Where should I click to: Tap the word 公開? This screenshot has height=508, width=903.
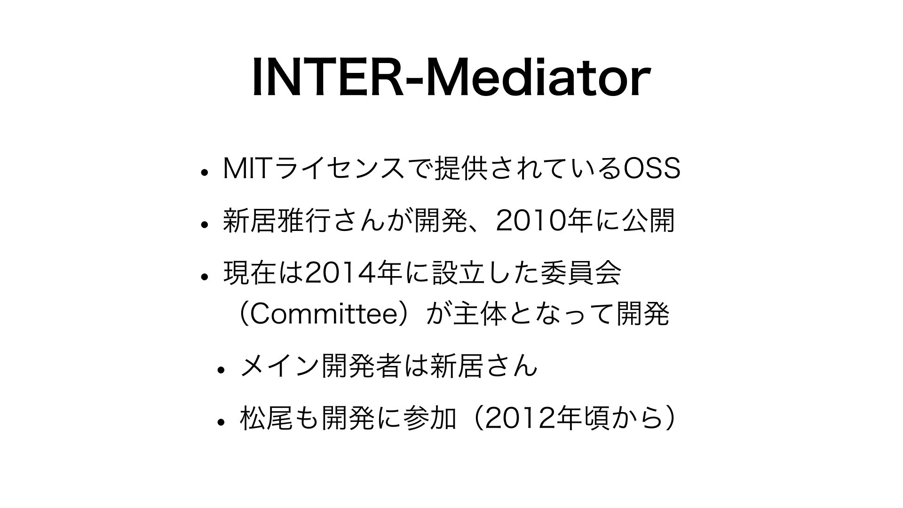[x=649, y=221]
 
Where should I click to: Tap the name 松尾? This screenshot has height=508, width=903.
[x=267, y=418]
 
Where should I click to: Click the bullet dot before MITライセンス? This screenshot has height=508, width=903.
[x=204, y=172]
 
